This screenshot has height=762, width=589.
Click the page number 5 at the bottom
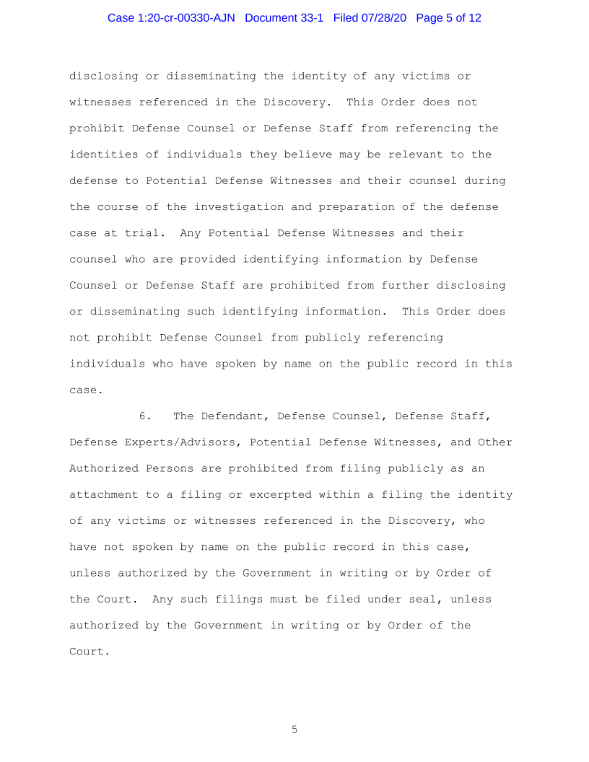pos(294,730)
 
